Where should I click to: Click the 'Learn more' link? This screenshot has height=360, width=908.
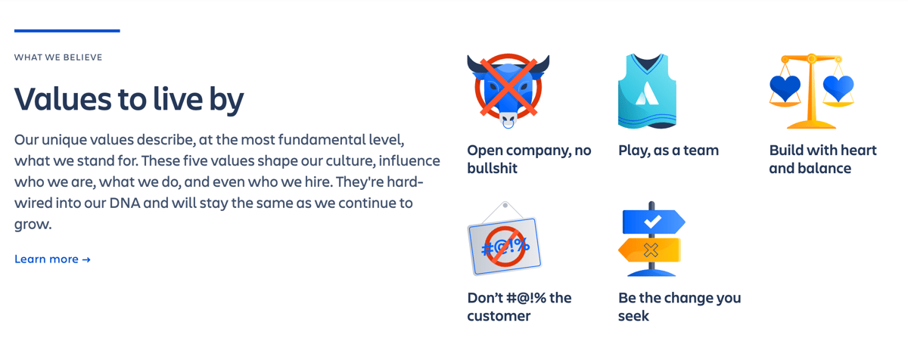[52, 259]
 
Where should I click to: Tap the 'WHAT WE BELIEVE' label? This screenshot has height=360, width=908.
[58, 57]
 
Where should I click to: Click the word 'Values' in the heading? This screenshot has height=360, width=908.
[59, 100]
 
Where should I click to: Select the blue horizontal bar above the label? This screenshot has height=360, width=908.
[67, 31]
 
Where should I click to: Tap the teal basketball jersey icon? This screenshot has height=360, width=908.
[647, 91]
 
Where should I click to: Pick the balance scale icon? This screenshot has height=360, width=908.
[811, 91]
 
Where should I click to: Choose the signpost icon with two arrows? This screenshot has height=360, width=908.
[651, 238]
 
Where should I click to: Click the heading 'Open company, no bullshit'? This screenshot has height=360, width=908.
[529, 159]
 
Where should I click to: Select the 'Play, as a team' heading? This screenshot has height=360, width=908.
[668, 151]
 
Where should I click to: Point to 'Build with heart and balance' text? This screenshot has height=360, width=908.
[822, 159]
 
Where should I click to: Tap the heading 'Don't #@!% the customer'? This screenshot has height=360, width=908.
[519, 306]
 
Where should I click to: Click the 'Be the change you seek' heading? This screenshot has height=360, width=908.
[679, 306]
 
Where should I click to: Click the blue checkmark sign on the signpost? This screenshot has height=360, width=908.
[653, 222]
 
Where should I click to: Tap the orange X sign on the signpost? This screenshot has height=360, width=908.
[650, 250]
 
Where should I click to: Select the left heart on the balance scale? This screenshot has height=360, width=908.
[785, 88]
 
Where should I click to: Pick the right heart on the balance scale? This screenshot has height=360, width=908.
[838, 88]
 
